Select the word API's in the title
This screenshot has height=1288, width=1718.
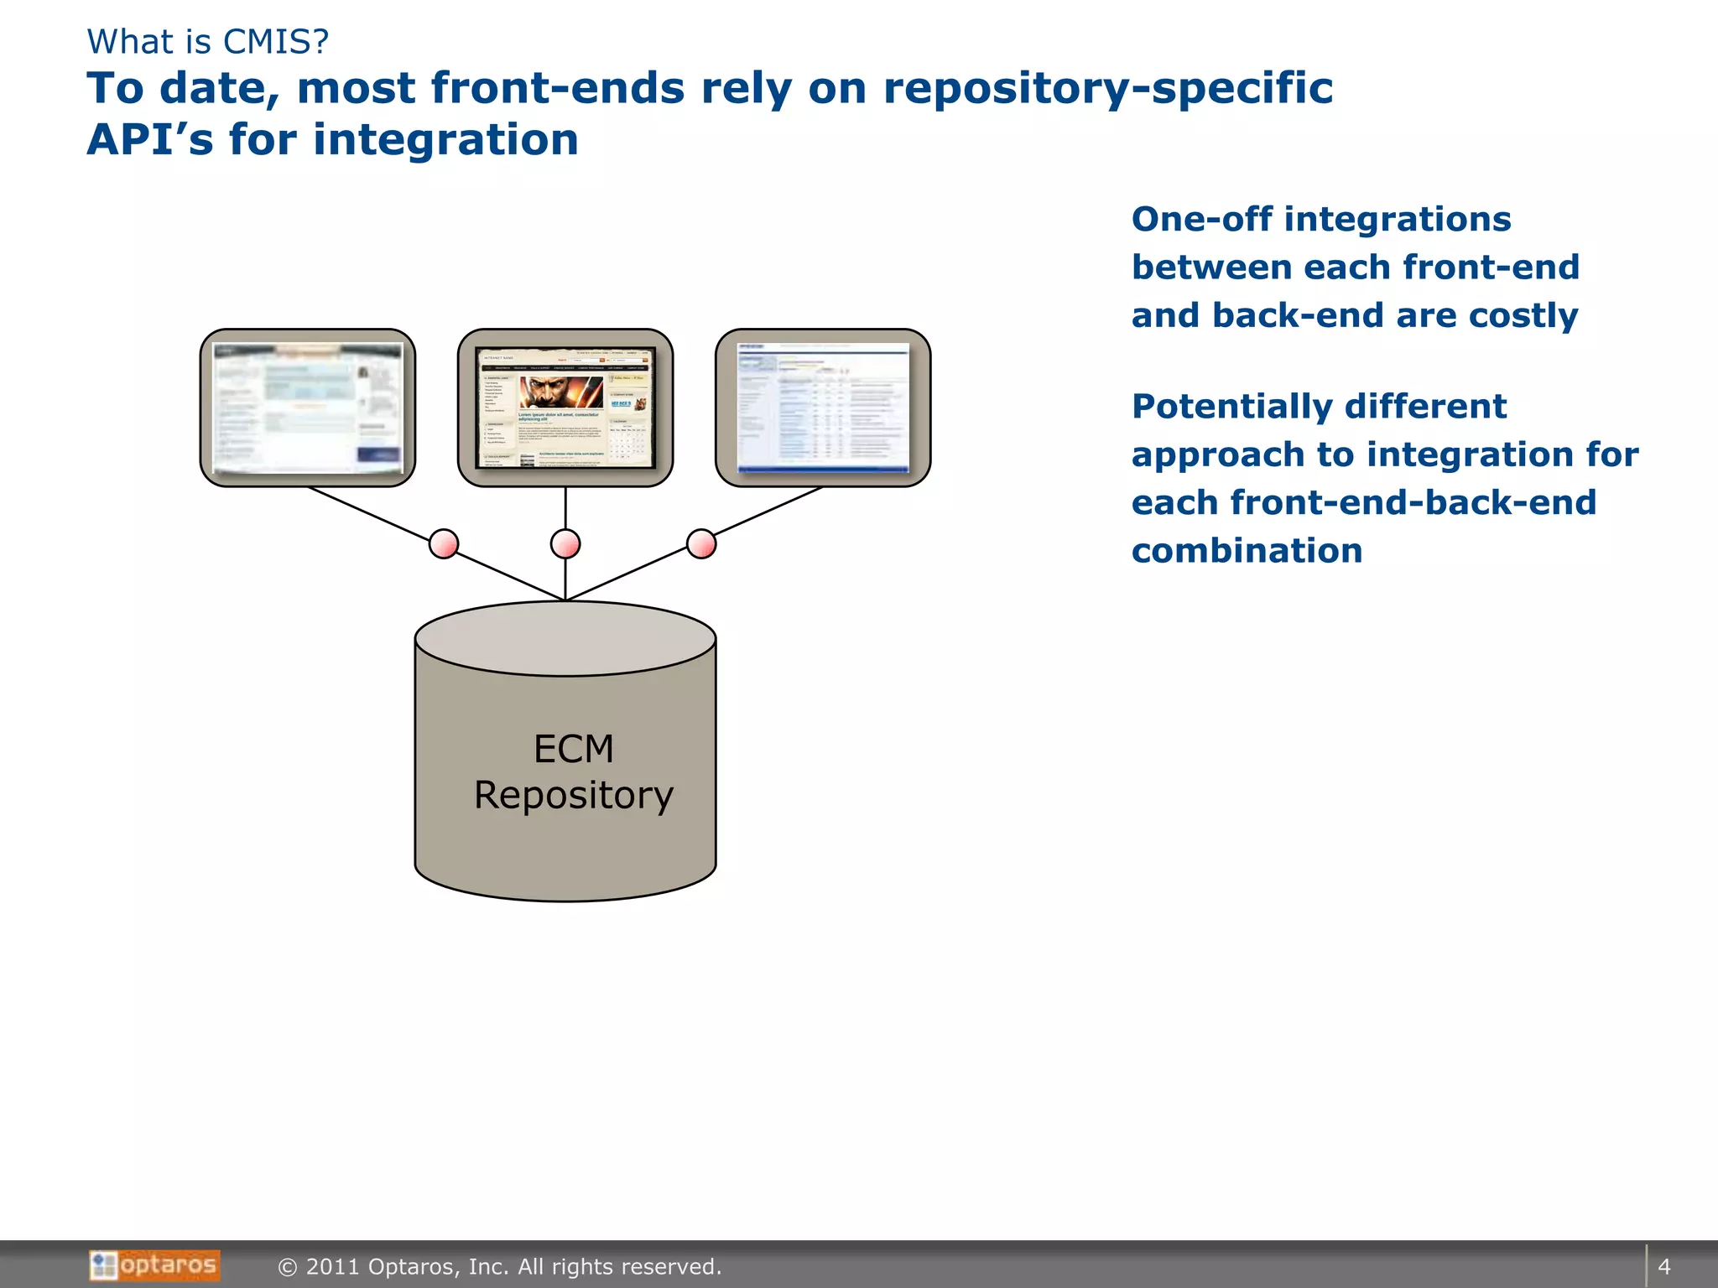151,140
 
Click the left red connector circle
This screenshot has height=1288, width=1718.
444,543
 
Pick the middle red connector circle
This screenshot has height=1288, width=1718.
565,543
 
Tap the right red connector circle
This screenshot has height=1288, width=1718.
701,543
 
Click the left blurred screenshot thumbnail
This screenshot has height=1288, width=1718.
308,408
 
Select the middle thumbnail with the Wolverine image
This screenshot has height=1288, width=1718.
565,408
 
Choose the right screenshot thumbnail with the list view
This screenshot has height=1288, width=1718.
823,408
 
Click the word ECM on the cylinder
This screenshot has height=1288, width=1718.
574,749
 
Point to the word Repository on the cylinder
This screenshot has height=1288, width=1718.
574,795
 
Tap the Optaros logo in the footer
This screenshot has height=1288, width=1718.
155,1265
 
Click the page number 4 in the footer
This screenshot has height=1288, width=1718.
1664,1266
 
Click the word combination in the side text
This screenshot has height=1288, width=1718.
1247,551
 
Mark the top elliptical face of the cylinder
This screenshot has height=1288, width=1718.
565,638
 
